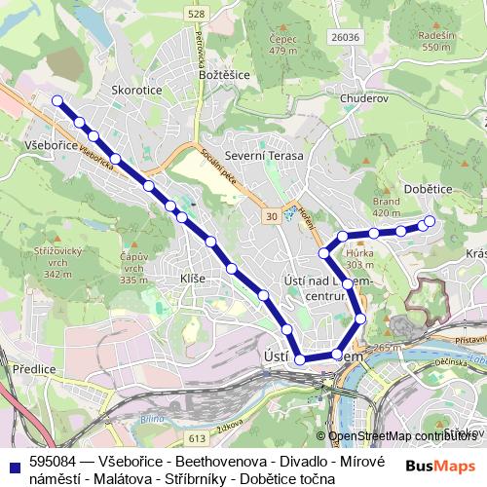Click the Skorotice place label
[x=136, y=89]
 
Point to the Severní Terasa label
[x=264, y=156]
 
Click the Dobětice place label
[x=425, y=189]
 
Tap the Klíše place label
[x=193, y=280]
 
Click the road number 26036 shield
[x=345, y=37]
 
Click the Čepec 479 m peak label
[x=282, y=45]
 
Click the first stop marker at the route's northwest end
[x=57, y=100]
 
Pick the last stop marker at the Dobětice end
[x=427, y=223]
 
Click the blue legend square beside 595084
[x=14, y=464]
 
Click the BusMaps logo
[x=440, y=465]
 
